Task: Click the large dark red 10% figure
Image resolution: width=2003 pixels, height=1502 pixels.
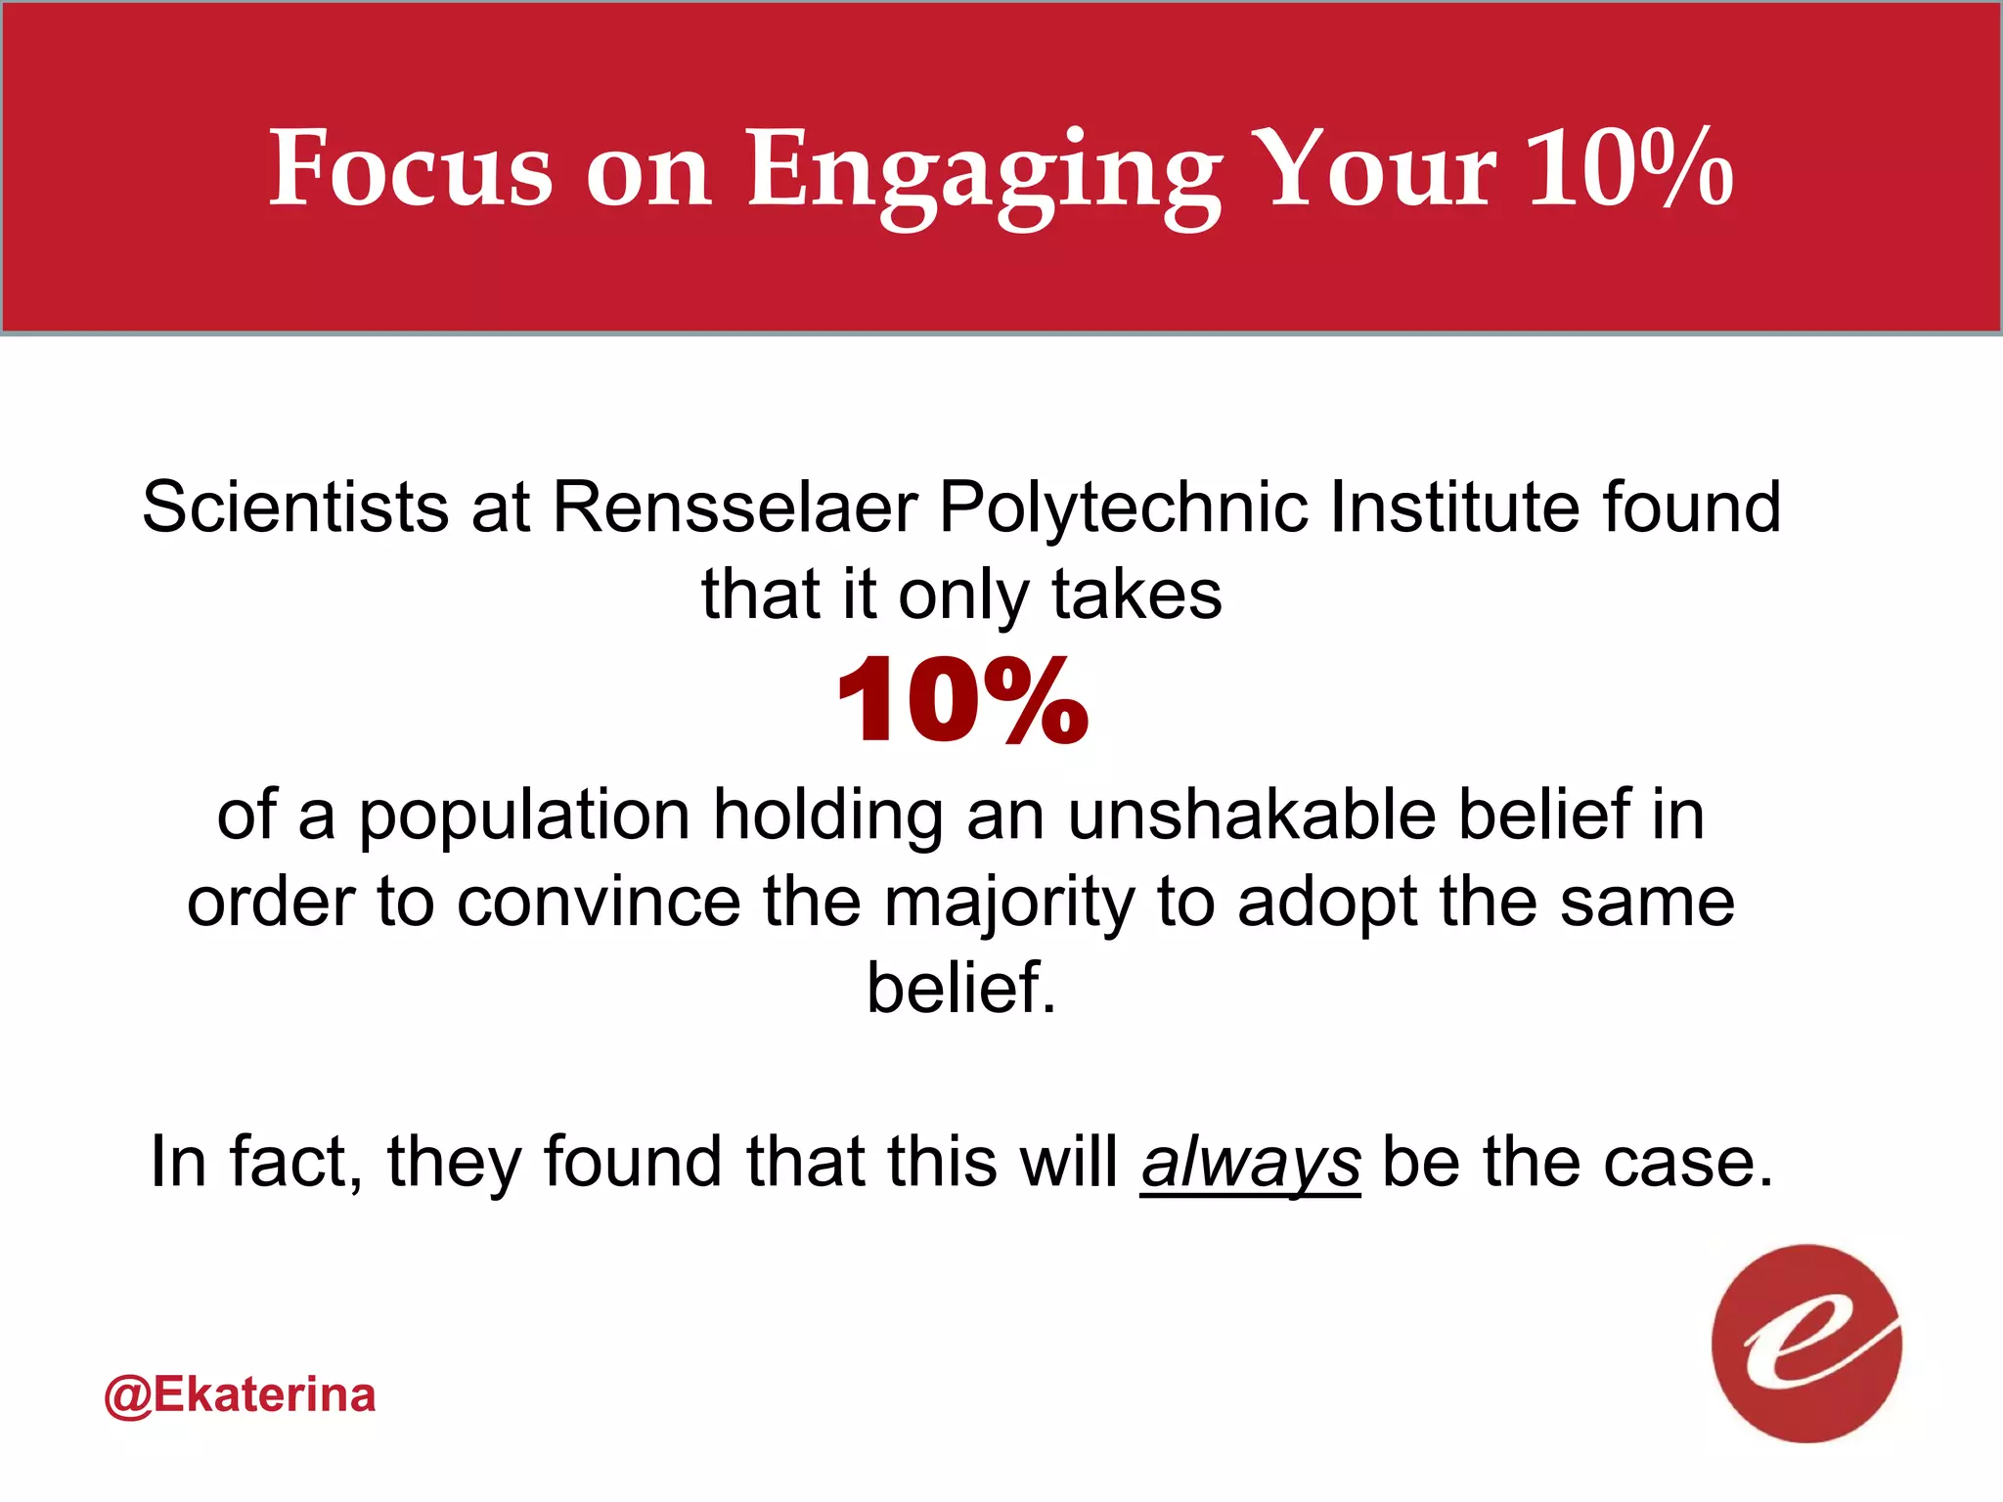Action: coord(962,701)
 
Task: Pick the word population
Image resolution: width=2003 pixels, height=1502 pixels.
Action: coord(524,817)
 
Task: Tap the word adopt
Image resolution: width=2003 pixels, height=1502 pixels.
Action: coord(1327,904)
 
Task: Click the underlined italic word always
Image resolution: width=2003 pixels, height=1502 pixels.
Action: coord(1250,1164)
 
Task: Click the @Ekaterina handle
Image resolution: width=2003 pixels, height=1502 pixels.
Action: coord(240,1395)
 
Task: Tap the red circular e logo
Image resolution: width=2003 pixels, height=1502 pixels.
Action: coord(1806,1343)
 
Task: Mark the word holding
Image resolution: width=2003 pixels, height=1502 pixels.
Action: coord(827,817)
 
